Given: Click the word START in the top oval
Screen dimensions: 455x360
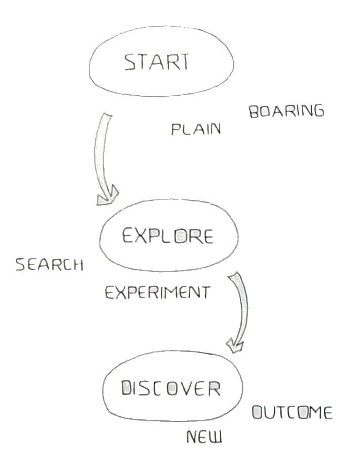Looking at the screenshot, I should click(x=156, y=63).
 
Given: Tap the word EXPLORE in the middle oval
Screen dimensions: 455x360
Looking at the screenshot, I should click(x=168, y=237).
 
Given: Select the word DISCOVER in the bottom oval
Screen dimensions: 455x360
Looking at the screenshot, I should click(x=170, y=389).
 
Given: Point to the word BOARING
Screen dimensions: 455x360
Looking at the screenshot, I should click(x=286, y=112).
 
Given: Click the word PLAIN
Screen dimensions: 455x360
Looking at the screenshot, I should click(x=196, y=129).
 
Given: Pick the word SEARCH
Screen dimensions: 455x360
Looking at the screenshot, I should click(x=49, y=264).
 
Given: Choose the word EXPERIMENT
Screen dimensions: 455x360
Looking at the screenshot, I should click(x=157, y=292).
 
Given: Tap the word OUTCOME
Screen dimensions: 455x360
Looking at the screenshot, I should click(x=292, y=413).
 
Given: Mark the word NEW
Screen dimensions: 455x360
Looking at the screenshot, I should click(x=204, y=436).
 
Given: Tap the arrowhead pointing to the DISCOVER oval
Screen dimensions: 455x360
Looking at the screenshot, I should click(x=235, y=344).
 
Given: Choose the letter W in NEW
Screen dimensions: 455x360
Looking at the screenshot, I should click(x=216, y=437).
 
